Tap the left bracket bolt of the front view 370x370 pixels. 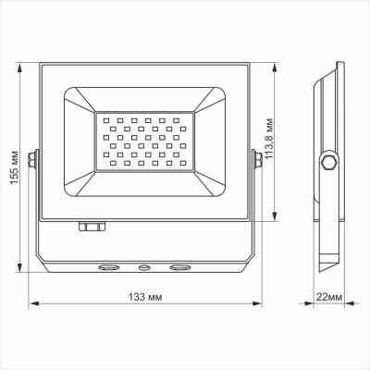(34, 160)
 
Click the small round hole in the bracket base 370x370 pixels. (143, 268)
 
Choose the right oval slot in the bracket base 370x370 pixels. (178, 268)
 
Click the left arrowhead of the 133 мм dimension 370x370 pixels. (33, 302)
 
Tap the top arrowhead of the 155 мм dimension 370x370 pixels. (20, 65)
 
